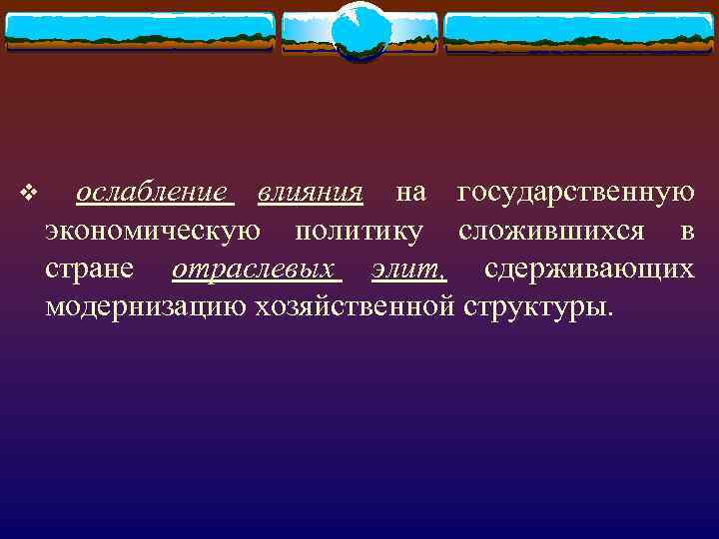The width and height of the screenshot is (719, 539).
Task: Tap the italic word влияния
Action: [310, 192]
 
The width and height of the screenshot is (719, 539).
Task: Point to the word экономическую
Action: [155, 232]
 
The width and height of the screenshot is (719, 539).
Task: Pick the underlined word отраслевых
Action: [254, 269]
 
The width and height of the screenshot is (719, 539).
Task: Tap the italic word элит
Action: [406, 269]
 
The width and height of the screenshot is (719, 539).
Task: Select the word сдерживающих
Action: [589, 269]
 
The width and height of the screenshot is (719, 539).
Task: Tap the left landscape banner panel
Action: [140, 32]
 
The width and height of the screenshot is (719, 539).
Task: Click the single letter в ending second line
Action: [686, 232]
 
